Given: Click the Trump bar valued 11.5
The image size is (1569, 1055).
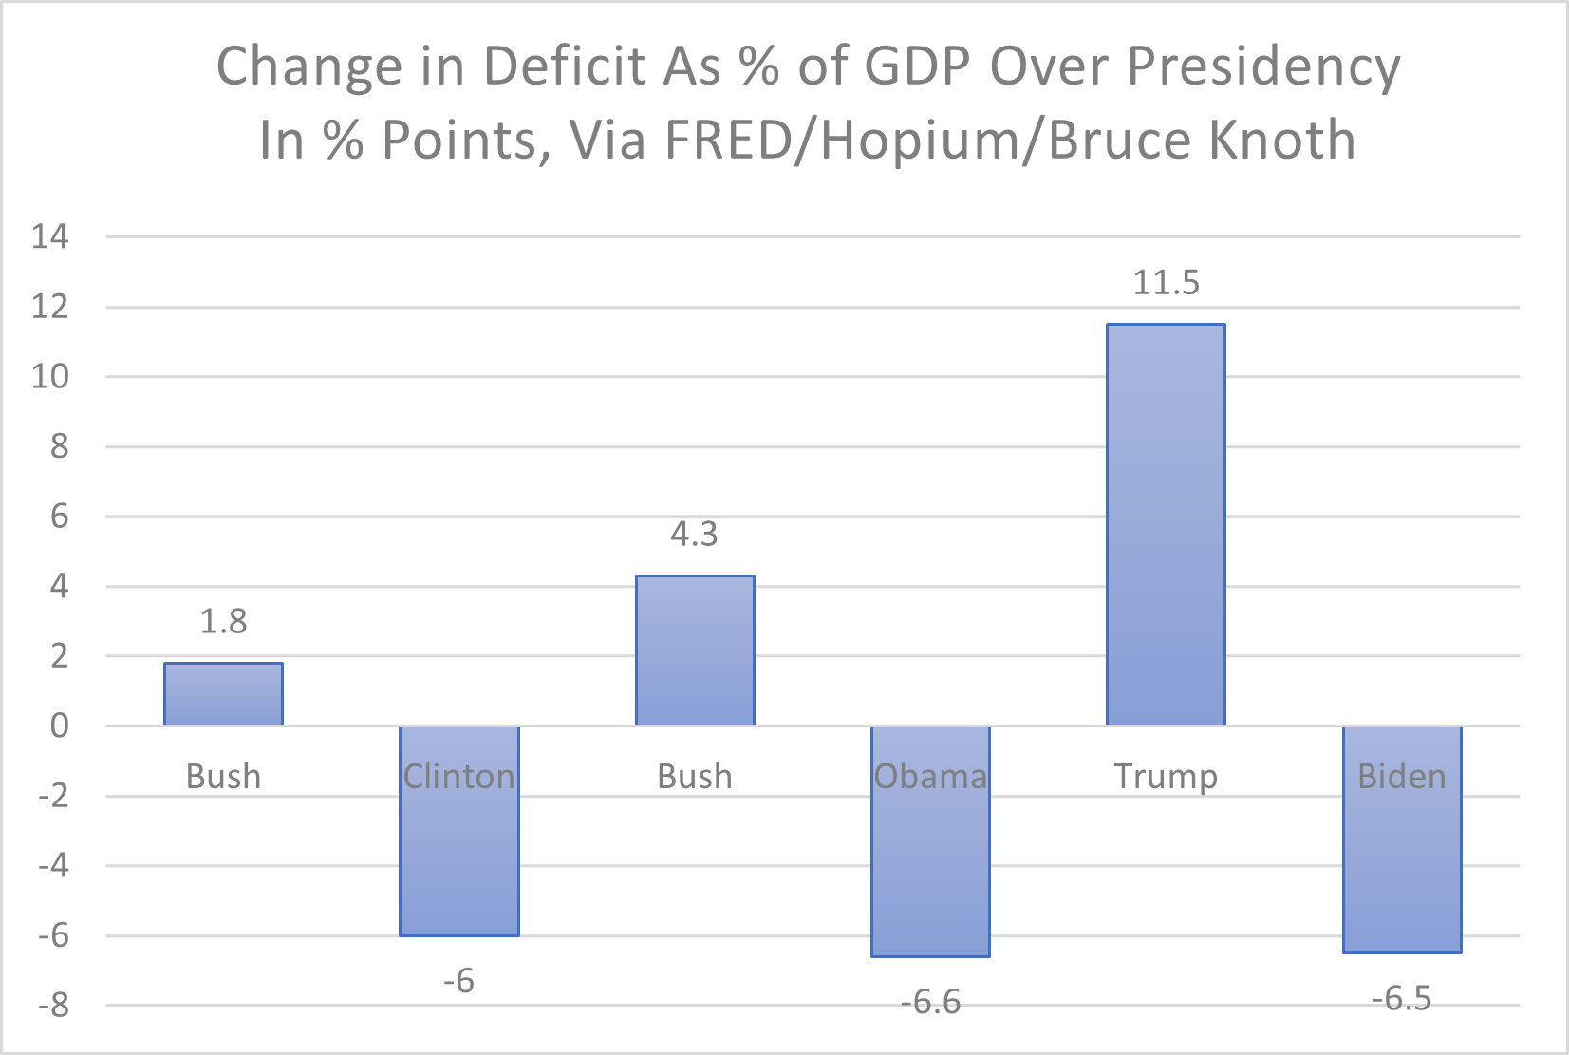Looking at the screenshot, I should (x=1166, y=524).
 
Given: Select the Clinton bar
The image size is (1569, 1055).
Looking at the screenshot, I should (x=459, y=855).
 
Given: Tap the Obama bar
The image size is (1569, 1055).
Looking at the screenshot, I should (x=930, y=864).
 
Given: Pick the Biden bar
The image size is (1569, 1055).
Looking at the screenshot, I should (x=1402, y=864).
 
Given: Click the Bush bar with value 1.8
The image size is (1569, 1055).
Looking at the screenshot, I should (x=223, y=694).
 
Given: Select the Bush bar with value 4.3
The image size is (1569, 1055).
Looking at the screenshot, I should (x=695, y=650).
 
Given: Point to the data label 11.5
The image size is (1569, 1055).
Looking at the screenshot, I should (x=1166, y=283).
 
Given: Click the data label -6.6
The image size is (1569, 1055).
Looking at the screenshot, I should (x=930, y=1002).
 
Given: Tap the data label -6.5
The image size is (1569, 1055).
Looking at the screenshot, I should (x=1402, y=999).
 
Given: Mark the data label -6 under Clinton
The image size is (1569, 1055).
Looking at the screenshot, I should (x=459, y=981).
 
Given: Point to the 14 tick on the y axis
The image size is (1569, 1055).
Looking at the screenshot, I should (x=50, y=236).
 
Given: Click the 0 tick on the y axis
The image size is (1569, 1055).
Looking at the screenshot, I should (x=60, y=726).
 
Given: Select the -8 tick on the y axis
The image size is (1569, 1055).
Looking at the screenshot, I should (x=53, y=1006).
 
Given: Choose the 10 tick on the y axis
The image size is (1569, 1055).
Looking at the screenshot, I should (x=50, y=377).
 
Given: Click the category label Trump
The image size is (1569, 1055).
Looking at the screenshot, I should (x=1166, y=777).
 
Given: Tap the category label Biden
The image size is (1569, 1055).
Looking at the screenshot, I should (x=1402, y=777).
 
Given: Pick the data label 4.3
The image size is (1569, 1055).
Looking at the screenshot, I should (x=695, y=535).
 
